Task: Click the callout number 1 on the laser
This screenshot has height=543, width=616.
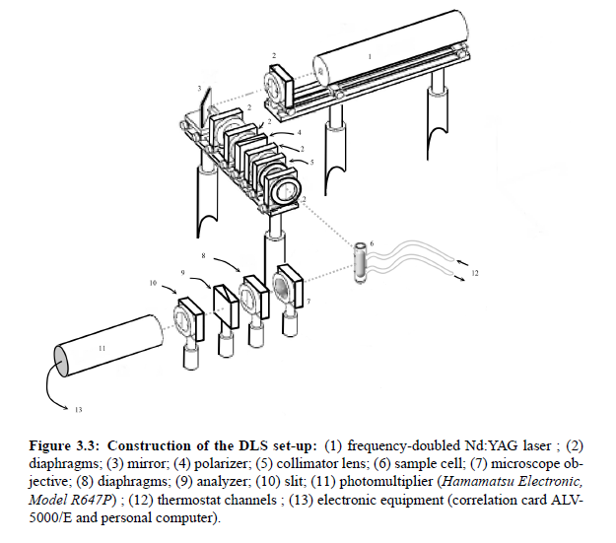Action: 370,57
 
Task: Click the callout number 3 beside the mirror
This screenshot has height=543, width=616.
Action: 199,89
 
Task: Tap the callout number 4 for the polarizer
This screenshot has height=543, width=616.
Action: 299,132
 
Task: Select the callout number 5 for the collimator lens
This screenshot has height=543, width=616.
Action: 311,162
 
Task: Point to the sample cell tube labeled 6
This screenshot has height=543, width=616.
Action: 361,262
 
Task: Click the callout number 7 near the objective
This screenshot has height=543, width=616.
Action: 308,302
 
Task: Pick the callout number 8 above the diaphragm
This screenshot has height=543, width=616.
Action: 203,256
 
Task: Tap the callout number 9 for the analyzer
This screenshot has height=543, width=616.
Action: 182,273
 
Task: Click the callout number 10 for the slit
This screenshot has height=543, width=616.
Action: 153,283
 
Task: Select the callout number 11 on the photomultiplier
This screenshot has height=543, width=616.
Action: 103,348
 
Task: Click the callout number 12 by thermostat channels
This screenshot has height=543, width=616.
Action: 475,273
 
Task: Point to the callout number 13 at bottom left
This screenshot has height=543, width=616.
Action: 78,410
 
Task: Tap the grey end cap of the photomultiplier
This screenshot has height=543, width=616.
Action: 61,361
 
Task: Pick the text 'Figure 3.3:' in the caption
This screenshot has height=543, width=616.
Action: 63,446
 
